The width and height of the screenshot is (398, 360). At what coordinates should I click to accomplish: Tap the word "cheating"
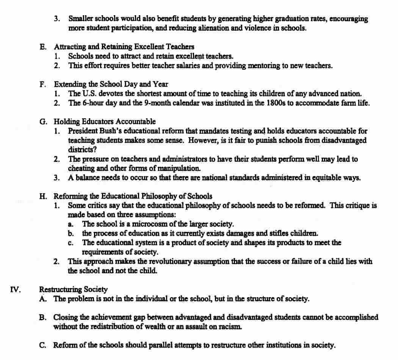(x=81, y=168)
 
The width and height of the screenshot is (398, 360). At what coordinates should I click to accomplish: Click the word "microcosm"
(x=141, y=224)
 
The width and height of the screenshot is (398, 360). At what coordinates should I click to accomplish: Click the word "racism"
(x=228, y=326)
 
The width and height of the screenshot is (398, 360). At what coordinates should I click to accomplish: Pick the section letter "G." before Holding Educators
(x=44, y=122)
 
